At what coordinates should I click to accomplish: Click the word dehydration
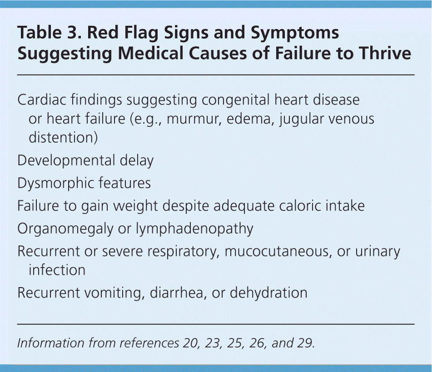click(x=268, y=293)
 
